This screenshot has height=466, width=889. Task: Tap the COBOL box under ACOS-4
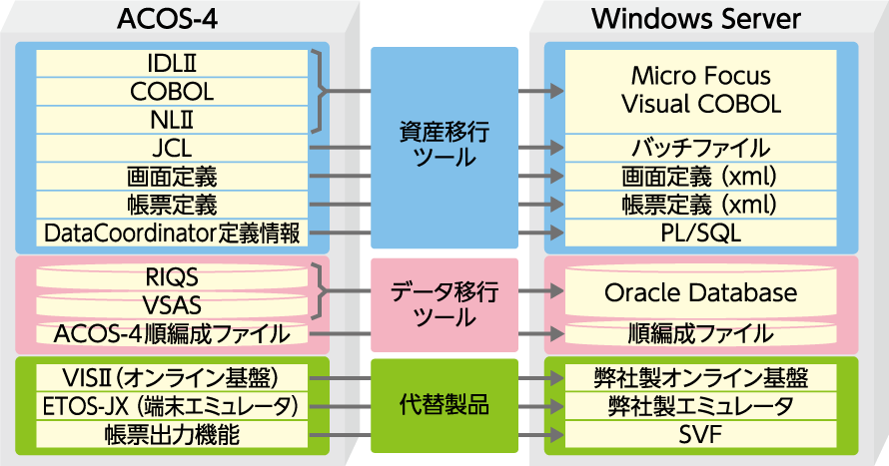(172, 91)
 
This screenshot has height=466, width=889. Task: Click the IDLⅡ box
(172, 63)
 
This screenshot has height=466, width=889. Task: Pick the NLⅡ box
(172, 120)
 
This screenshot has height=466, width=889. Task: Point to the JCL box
(172, 149)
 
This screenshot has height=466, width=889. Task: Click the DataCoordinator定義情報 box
(172, 233)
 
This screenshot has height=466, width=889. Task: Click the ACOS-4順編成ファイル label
(172, 334)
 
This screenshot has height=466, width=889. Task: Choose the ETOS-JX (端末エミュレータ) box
(172, 406)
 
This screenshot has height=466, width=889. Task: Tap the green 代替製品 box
(444, 406)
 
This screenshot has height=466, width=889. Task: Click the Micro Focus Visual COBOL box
(700, 90)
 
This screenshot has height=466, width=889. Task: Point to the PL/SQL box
(700, 233)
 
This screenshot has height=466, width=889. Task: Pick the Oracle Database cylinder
(700, 293)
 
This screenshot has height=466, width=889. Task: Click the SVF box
(700, 434)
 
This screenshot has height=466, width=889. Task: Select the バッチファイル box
(700, 149)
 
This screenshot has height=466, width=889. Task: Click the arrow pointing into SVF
(549, 435)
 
